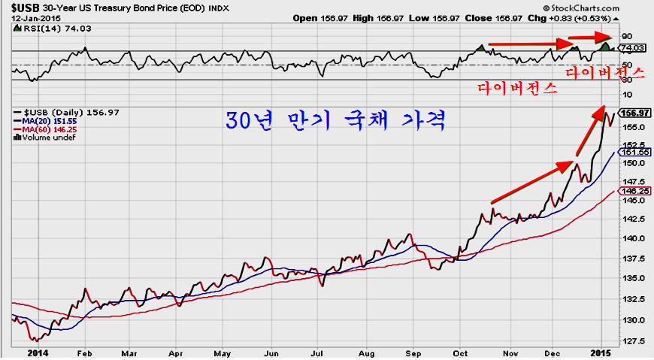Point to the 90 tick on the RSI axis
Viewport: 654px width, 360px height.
click(x=625, y=35)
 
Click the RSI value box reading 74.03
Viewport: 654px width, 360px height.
click(x=634, y=48)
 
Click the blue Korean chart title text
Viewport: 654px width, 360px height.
click(x=336, y=121)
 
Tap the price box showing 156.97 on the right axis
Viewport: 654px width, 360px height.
click(x=634, y=113)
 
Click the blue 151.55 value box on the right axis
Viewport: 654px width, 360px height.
click(x=633, y=151)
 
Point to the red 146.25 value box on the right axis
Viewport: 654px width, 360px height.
click(x=633, y=192)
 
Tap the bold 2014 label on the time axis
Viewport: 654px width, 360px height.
click(x=38, y=352)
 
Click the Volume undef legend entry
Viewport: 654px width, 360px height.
click(x=47, y=138)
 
